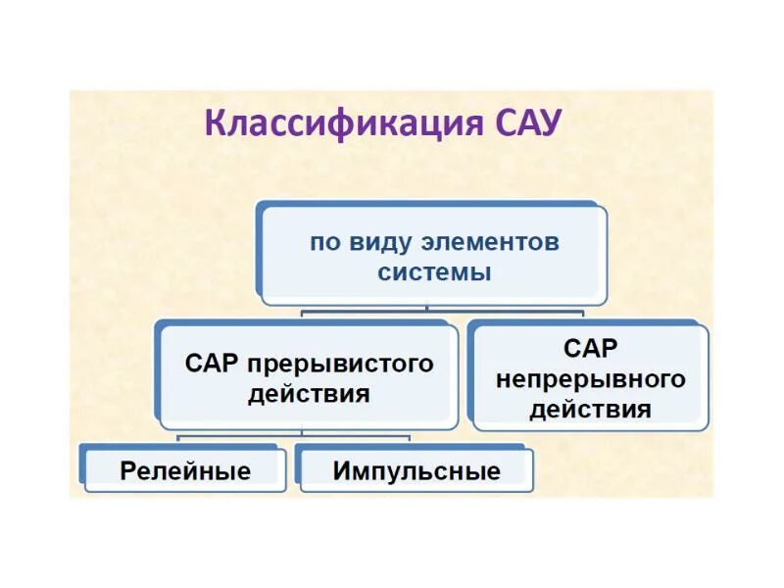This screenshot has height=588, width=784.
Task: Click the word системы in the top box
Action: point(434,272)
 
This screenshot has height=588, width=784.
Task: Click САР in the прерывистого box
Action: point(213,364)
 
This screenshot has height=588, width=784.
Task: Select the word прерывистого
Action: point(340,364)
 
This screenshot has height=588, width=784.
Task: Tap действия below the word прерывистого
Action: point(309,394)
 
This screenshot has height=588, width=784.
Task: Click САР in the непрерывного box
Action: point(591,348)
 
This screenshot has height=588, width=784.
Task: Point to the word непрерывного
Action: point(590,378)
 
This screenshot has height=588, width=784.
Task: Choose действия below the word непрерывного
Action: point(590,409)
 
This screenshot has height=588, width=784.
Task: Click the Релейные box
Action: point(185,470)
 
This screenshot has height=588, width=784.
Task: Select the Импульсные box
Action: point(416,470)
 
